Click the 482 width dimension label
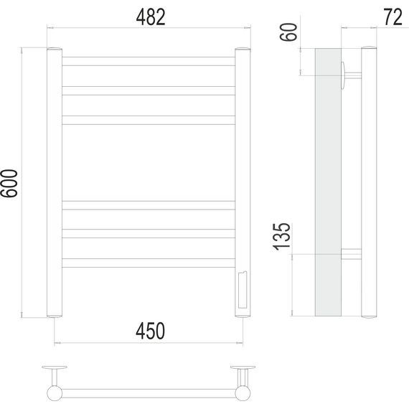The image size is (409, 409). (151, 17)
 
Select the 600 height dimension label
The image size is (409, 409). (9, 184)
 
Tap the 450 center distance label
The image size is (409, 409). (150, 331)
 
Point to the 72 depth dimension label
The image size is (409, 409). (392, 17)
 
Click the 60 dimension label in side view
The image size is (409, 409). (288, 32)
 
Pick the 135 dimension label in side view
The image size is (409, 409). (281, 237)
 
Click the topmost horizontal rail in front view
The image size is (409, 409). (149, 61)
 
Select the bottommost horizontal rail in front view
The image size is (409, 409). (149, 263)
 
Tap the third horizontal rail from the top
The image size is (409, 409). (149, 121)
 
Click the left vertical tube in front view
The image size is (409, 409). (55, 182)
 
